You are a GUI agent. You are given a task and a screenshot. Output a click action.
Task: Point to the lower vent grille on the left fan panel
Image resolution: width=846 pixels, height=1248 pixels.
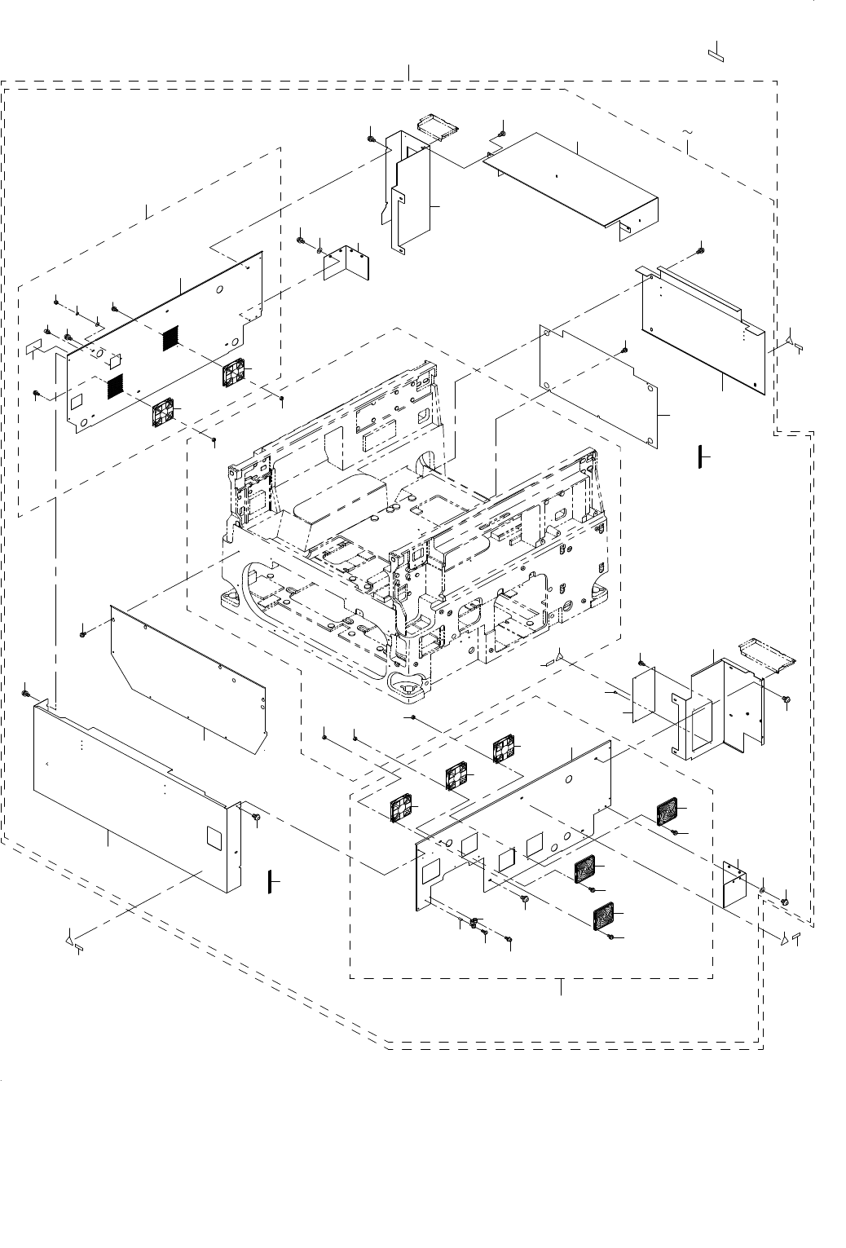coord(116,386)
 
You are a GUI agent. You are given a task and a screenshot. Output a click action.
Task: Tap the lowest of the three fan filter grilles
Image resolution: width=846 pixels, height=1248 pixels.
coord(603,917)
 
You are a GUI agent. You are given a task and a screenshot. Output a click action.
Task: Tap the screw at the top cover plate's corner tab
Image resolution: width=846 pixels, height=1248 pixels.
coord(501,130)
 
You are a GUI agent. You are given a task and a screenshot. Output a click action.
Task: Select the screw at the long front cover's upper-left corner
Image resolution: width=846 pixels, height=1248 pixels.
coord(26,693)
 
